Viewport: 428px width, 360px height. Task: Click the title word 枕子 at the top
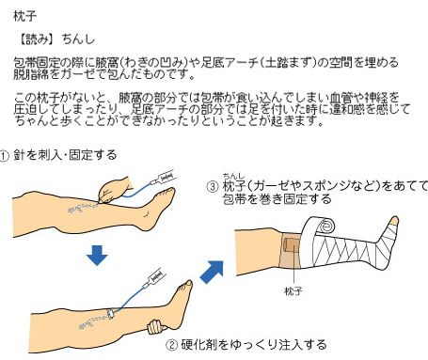[25, 16]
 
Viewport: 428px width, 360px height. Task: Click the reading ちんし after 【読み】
[78, 39]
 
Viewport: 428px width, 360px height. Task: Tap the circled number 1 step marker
[5, 156]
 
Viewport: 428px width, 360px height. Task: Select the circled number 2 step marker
[171, 345]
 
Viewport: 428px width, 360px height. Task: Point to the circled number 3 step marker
[213, 187]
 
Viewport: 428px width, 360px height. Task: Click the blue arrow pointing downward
[97, 256]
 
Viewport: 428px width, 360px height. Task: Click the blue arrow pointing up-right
[212, 272]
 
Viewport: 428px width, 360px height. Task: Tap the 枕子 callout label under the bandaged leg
[293, 291]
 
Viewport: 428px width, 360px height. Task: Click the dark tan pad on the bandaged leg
[293, 244]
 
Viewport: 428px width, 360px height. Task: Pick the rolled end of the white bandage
[325, 225]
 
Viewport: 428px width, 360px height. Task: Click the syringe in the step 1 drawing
[163, 178]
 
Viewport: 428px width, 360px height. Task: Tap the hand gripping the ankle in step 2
[157, 327]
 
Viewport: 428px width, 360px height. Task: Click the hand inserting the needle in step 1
[116, 190]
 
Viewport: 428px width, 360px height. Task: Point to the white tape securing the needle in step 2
[110, 314]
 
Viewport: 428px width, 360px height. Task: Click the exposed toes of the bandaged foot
[393, 221]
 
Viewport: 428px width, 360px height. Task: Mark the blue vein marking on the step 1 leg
[82, 208]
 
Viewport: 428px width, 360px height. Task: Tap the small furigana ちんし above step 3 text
[233, 177]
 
